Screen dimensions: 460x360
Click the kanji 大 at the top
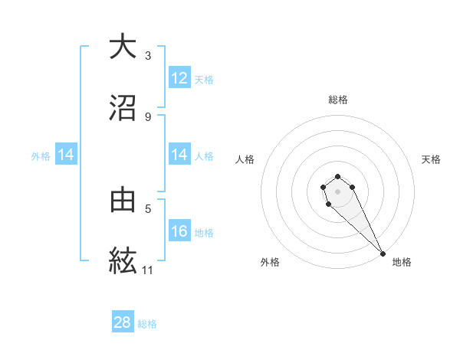point(123,47)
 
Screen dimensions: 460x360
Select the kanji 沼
point(123,107)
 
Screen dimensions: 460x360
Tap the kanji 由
point(123,199)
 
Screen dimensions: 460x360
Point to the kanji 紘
point(123,260)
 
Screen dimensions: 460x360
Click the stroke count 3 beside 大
point(148,55)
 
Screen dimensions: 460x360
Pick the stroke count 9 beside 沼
point(148,116)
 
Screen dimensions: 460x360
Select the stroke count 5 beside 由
point(148,208)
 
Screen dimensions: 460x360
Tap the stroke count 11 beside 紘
point(148,270)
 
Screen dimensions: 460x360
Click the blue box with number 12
point(179,78)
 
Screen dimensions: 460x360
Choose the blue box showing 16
point(179,231)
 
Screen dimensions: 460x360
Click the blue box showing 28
point(123,322)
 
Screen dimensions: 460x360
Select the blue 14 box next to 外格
point(66,155)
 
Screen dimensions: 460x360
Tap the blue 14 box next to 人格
point(179,155)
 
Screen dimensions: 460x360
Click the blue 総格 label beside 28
point(147,324)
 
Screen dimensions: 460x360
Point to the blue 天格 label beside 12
point(204,80)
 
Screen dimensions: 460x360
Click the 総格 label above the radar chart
point(338,100)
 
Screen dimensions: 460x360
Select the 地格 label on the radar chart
point(402,262)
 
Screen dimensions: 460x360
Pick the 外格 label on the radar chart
point(270,262)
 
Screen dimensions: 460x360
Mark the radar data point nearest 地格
point(383,254)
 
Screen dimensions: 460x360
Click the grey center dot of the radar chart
point(338,191)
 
